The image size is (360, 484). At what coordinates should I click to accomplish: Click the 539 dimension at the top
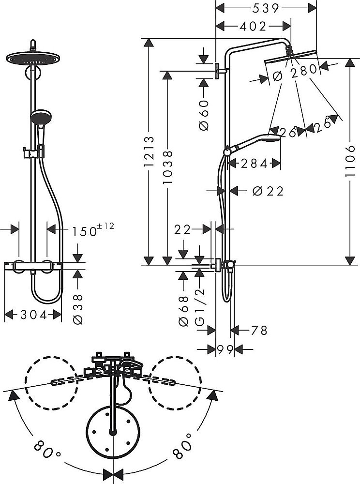pyautogui.click(x=266, y=8)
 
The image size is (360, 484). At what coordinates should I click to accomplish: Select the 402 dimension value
pyautogui.click(x=253, y=27)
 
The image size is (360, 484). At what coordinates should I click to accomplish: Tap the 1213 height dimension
pyautogui.click(x=150, y=151)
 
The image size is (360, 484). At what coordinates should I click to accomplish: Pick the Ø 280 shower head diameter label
pyautogui.click(x=295, y=73)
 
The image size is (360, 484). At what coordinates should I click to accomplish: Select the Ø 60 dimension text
pyautogui.click(x=204, y=115)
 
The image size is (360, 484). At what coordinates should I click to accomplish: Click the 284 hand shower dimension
pyautogui.click(x=254, y=164)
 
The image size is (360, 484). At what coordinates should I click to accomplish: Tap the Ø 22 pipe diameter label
pyautogui.click(x=268, y=191)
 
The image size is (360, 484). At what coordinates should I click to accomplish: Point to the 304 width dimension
pyautogui.click(x=33, y=315)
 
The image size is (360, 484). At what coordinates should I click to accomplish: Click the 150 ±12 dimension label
pyautogui.click(x=93, y=229)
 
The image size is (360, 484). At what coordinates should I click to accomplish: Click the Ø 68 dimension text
pyautogui.click(x=184, y=311)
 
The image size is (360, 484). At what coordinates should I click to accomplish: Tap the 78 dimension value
pyautogui.click(x=259, y=330)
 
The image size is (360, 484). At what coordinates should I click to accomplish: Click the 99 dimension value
pyautogui.click(x=225, y=349)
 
